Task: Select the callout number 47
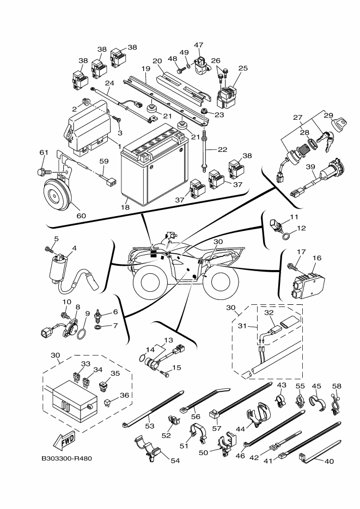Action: click(x=198, y=45)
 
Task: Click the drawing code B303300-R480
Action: click(x=66, y=458)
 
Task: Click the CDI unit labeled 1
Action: click(x=87, y=128)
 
